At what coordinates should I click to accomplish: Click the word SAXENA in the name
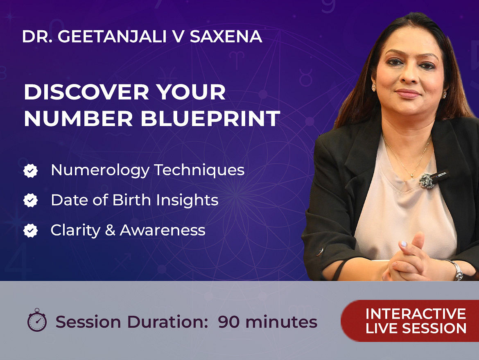coord(226,36)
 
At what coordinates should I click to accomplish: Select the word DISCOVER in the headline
coord(86,92)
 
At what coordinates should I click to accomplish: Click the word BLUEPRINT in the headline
coord(210,118)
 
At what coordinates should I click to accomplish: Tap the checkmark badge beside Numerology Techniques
coord(31,171)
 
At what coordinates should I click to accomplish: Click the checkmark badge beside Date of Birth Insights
coord(31,200)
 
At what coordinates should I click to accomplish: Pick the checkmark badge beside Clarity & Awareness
coord(31,231)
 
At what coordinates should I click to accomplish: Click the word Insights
coord(187,200)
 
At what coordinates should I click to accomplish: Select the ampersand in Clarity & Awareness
coord(110,230)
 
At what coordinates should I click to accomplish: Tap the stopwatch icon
coord(37,320)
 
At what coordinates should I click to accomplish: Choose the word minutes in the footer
coord(281,322)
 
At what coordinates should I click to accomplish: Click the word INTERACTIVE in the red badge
coord(416,314)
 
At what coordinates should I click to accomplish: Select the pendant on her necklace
coord(412,176)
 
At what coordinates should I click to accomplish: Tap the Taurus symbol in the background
coord(305,77)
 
